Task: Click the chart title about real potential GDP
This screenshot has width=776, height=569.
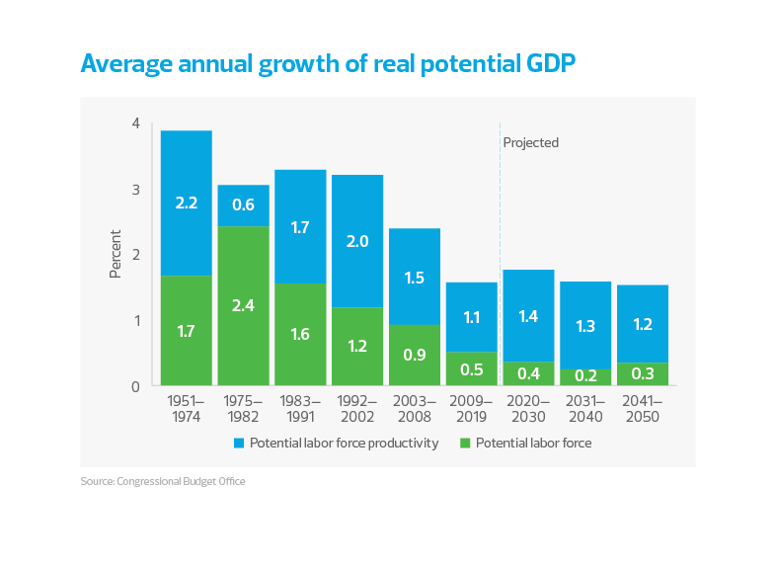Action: coord(327,64)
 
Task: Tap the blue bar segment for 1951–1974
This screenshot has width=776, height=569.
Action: coord(187,203)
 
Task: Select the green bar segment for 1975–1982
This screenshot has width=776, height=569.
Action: coord(243,305)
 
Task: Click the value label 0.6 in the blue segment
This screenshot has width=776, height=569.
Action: coord(243,205)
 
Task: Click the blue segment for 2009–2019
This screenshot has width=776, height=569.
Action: coord(471,317)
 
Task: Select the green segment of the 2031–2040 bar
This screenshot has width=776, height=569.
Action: coord(585,376)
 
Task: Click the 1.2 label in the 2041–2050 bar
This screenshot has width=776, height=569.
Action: coord(643,325)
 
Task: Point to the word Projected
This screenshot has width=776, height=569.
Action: coord(530,142)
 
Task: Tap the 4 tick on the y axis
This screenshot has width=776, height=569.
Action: coord(135,123)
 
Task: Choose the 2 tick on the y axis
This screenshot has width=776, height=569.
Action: coord(135,255)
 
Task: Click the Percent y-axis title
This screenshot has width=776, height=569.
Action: coord(115,254)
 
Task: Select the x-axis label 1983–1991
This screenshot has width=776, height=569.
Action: coord(300,410)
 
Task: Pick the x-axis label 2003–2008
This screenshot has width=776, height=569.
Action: coord(415,410)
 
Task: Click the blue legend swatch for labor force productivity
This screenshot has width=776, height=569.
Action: coord(239,444)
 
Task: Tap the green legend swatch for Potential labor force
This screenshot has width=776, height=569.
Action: coord(466,444)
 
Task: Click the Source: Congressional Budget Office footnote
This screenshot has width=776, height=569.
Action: coord(163,482)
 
